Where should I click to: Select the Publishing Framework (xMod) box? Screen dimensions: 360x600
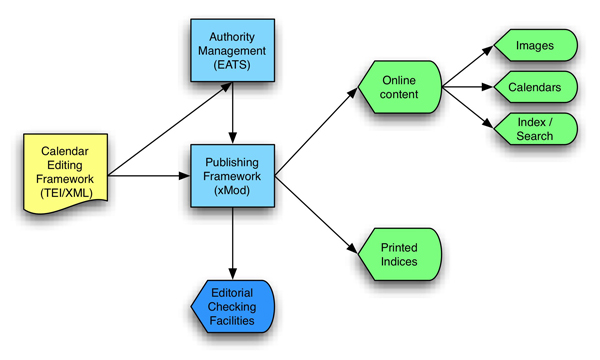(x=232, y=177)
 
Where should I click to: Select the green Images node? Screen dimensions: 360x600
(x=535, y=46)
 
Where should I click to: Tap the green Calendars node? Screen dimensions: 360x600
(x=535, y=88)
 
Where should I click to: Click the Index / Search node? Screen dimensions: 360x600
(x=535, y=129)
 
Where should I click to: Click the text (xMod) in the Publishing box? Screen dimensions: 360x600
(x=232, y=194)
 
